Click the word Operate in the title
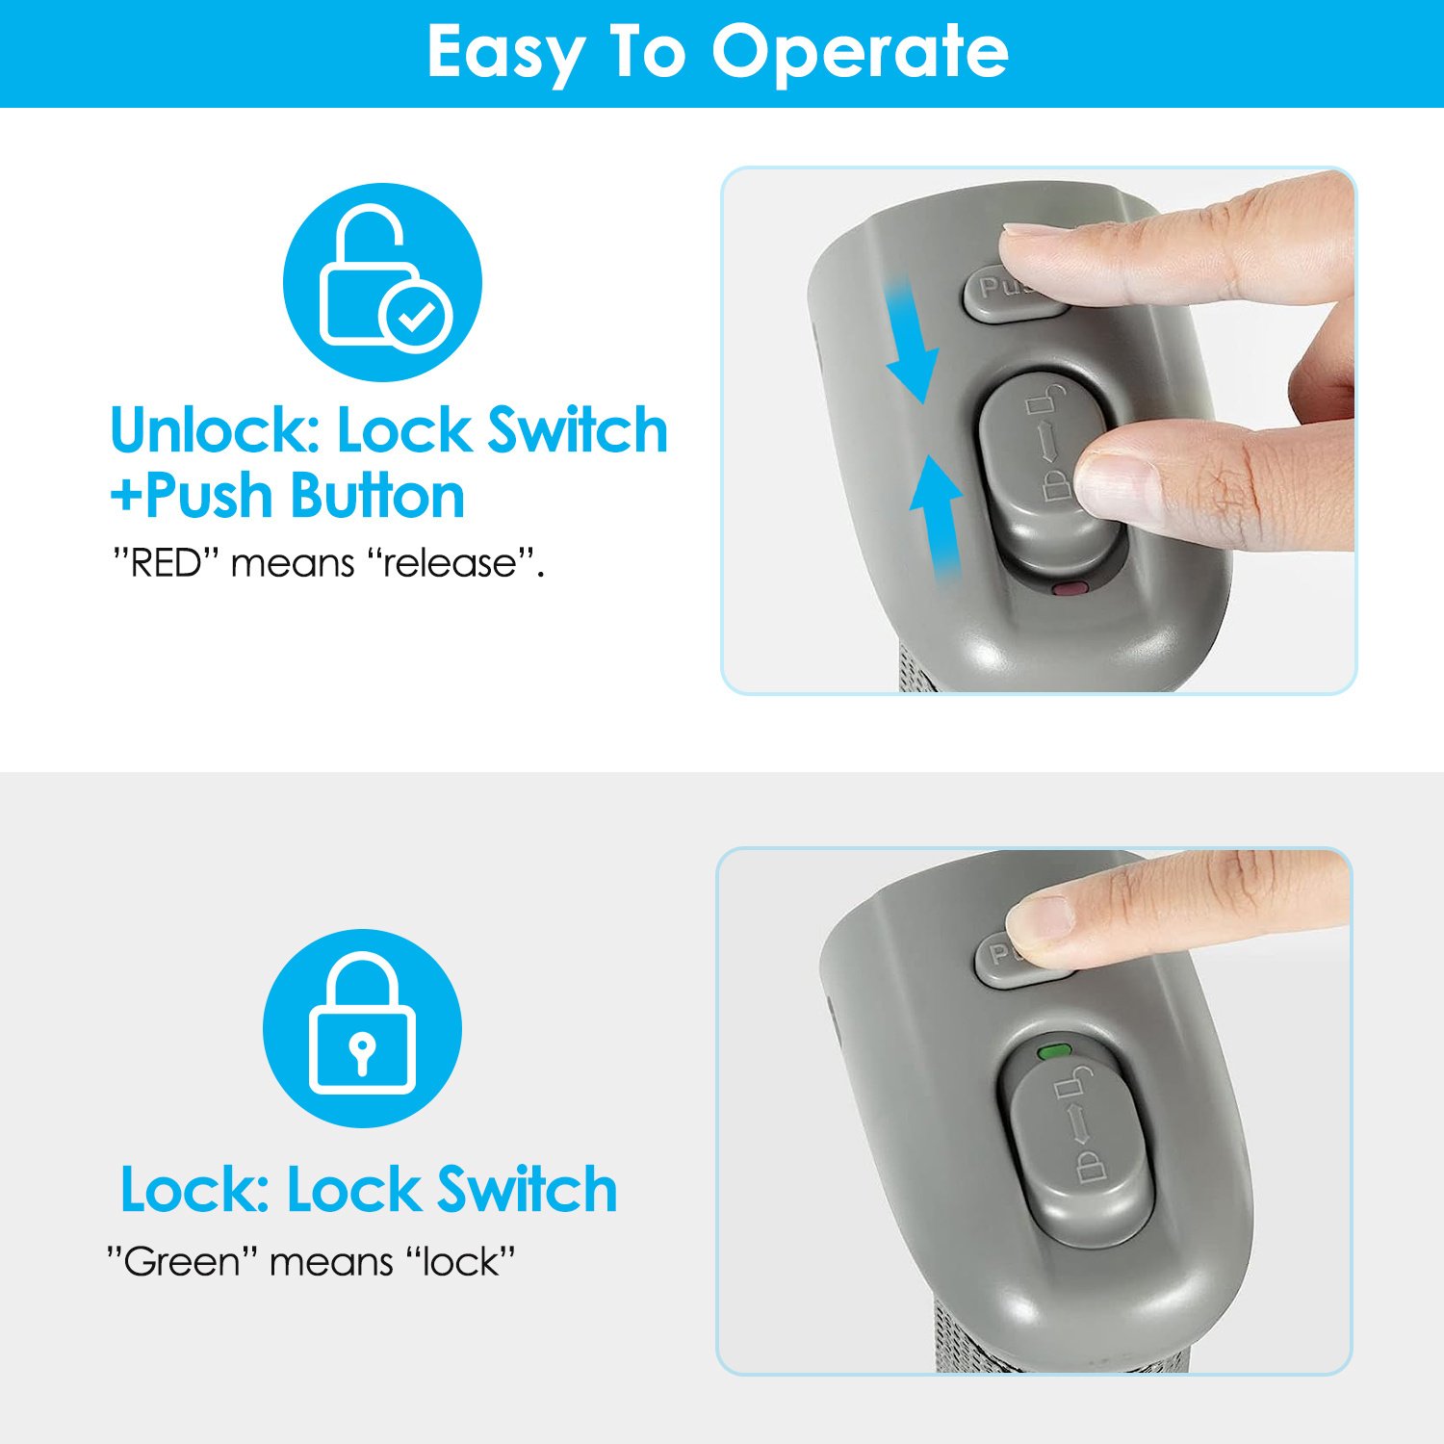point(860,54)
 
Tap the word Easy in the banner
point(503,54)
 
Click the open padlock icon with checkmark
point(382,282)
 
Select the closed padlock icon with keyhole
point(362,1027)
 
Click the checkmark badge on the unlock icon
point(416,316)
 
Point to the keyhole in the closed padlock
point(362,1052)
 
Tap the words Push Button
point(305,496)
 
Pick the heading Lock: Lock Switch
point(369,1190)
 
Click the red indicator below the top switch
point(1070,588)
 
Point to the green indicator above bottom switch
point(1054,1050)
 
